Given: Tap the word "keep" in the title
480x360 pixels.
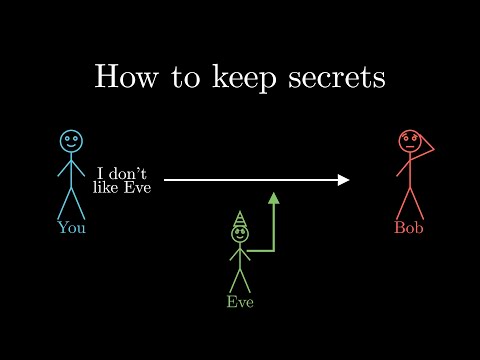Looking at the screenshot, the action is pyautogui.click(x=240, y=79).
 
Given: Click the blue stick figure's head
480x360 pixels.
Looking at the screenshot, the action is pyautogui.click(x=70, y=141).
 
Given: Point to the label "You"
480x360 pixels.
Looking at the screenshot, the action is pyautogui.click(x=71, y=227).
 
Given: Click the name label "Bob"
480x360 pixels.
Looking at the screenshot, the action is pyautogui.click(x=409, y=227).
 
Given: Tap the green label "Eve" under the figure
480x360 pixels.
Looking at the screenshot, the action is pyautogui.click(x=240, y=301).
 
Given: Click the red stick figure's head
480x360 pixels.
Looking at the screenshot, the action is pyautogui.click(x=409, y=141).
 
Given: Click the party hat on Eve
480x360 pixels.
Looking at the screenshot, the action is pyautogui.click(x=240, y=219).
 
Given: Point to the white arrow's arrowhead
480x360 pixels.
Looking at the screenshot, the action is pyautogui.click(x=343, y=180).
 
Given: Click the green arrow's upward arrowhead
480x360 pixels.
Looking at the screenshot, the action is pyautogui.click(x=274, y=198).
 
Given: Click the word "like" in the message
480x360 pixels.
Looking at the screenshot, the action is pyautogui.click(x=105, y=187).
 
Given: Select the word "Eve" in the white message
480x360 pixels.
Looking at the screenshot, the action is pyautogui.click(x=136, y=187).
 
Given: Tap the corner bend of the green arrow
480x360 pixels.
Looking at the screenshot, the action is pyautogui.click(x=273, y=250).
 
